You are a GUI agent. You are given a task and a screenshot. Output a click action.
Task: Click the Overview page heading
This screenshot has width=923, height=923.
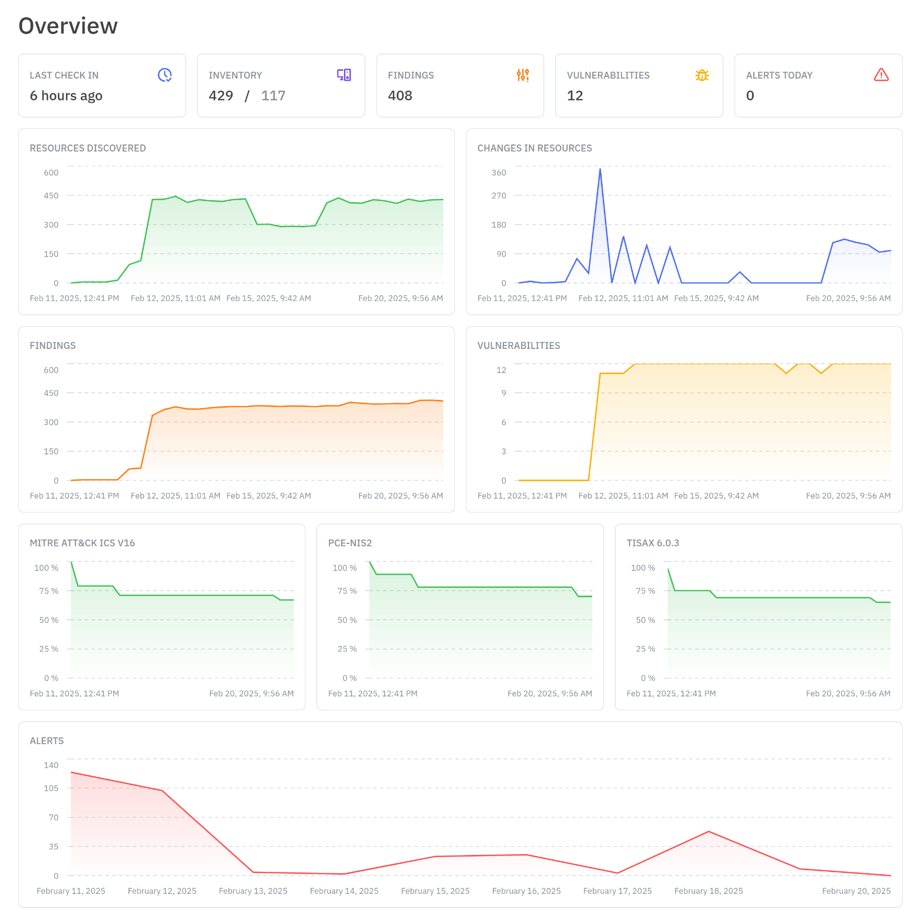point(68,26)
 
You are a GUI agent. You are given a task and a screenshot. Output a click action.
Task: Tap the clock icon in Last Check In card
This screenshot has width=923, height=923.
point(165,75)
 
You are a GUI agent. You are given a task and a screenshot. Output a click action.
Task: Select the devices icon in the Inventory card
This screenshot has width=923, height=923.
point(344,75)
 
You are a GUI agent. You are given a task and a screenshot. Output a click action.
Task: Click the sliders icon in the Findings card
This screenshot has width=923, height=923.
point(523,75)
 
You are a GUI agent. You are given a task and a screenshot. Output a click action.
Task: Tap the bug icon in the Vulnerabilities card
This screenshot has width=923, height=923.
point(702,75)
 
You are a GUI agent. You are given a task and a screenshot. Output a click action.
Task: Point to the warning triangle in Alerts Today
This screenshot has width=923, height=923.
point(881,75)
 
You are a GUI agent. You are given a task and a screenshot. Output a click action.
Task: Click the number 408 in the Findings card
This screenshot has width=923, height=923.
point(400,96)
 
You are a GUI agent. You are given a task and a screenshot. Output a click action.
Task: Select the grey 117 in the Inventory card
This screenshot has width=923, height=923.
point(273,96)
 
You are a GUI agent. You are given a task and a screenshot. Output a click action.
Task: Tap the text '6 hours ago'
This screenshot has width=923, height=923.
point(66,96)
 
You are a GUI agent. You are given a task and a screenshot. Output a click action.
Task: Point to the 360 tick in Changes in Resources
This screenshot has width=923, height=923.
point(499,173)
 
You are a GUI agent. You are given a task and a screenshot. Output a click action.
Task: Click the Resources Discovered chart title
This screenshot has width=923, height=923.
point(88,148)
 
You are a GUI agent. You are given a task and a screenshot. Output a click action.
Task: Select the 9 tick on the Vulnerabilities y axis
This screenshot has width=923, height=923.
point(503,393)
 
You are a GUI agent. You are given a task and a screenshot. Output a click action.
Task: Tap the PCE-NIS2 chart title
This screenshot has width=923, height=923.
point(350,543)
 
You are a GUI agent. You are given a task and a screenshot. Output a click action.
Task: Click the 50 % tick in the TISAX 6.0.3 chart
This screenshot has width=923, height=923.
point(646,620)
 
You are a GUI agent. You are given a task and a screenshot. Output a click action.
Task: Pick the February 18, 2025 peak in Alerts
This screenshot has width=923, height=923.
point(709,832)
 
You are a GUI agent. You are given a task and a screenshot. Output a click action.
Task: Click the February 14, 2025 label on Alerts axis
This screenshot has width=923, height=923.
point(344,891)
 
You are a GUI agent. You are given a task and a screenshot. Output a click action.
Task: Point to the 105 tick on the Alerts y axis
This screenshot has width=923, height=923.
point(51,788)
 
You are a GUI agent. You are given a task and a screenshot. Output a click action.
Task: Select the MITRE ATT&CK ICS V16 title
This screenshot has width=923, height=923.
point(82,543)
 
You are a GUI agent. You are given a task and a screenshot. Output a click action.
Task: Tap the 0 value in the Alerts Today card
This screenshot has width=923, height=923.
point(750,96)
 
